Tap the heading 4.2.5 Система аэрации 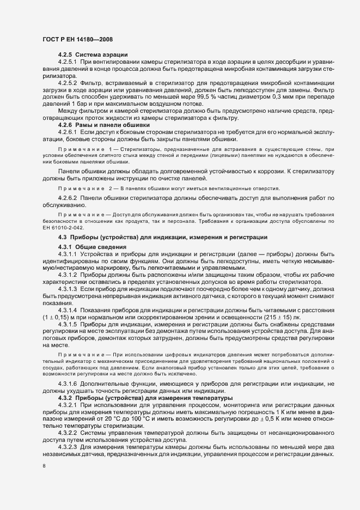click(93, 54)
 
